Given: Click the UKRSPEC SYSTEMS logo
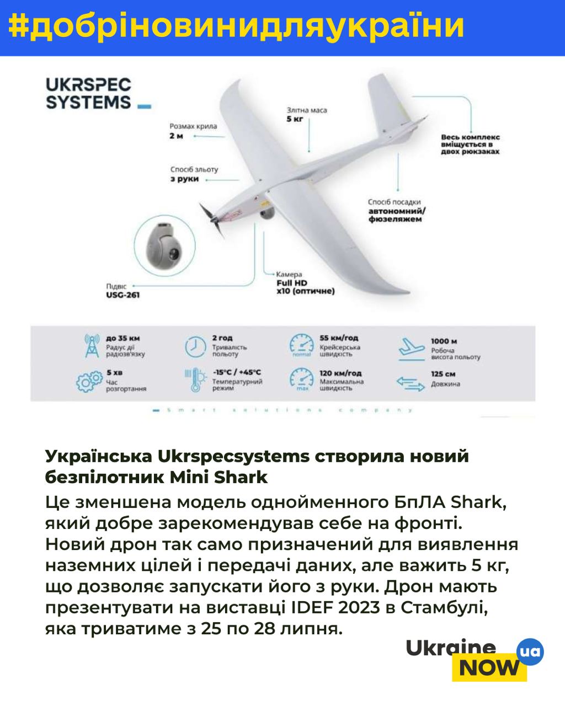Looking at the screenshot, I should [88, 94].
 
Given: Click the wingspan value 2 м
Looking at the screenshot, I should [176, 136].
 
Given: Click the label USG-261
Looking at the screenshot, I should [122, 295].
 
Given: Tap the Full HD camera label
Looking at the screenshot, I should [292, 283].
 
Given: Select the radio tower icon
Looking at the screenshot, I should [91, 346].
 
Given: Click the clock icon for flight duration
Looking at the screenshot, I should [195, 346].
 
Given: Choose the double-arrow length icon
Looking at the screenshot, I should [411, 382].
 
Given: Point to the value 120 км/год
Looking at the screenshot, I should [340, 373].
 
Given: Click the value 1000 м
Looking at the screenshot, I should [444, 341].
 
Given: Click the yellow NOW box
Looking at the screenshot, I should [489, 668].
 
